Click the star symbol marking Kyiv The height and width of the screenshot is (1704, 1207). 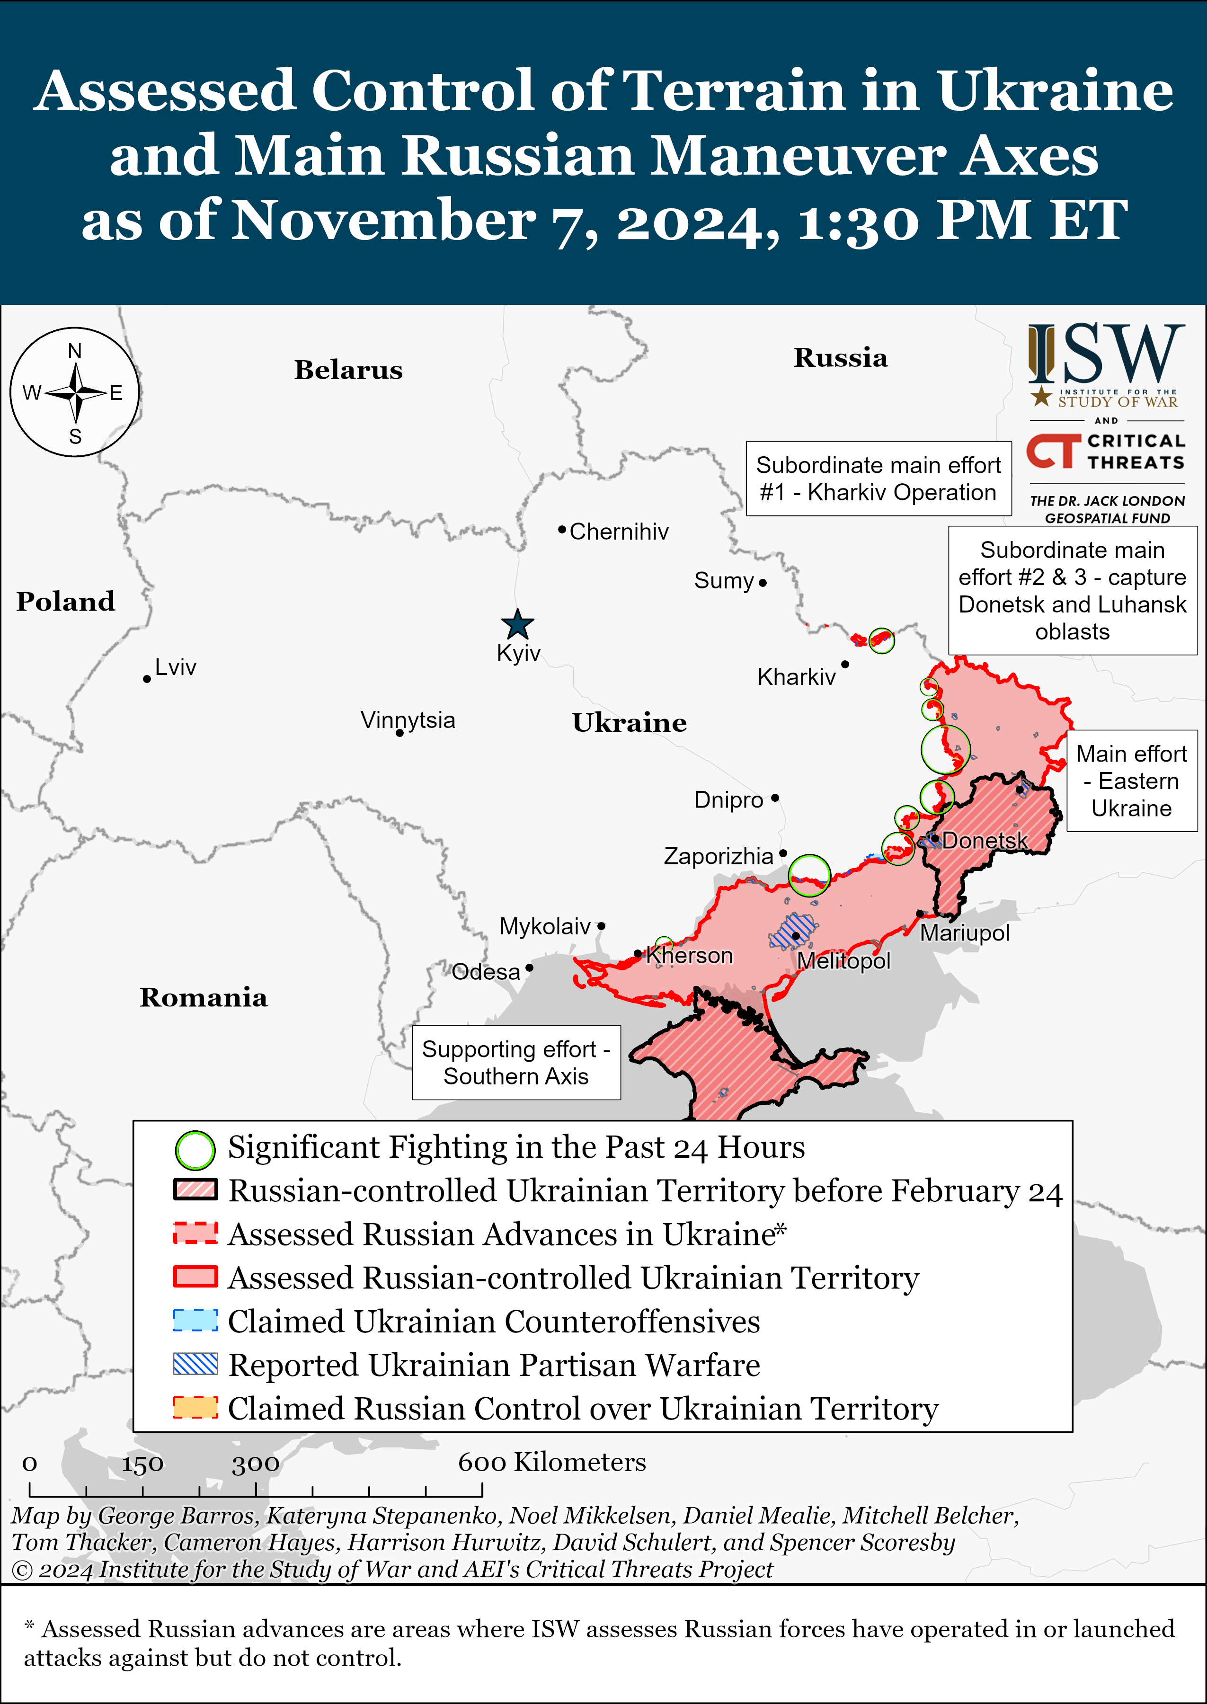pyautogui.click(x=517, y=624)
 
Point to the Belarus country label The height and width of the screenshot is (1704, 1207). pyautogui.click(x=348, y=370)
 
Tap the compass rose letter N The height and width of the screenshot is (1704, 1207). pyautogui.click(x=75, y=351)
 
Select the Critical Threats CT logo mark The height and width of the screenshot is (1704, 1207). pyautogui.click(x=1054, y=451)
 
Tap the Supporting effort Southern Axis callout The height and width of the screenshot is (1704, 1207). pyautogui.click(x=516, y=1063)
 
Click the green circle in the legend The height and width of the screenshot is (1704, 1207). pyautogui.click(x=195, y=1150)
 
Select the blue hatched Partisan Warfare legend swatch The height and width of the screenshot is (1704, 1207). pyautogui.click(x=195, y=1365)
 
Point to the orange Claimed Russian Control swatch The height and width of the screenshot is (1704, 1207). pyautogui.click(x=195, y=1408)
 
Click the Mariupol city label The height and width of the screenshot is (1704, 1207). pyautogui.click(x=965, y=933)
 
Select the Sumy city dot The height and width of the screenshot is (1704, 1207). pyautogui.click(x=763, y=583)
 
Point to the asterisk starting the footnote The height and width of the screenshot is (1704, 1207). pyautogui.click(x=30, y=1627)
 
